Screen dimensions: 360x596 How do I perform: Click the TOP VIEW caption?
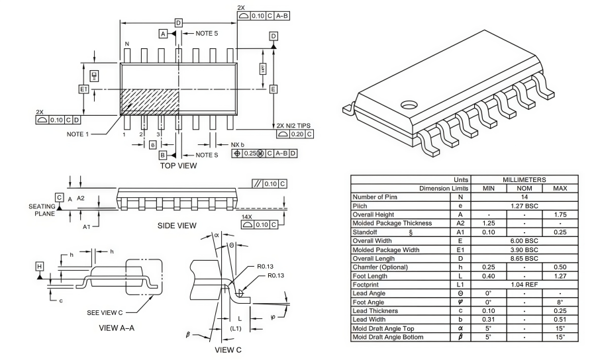click(x=178, y=165)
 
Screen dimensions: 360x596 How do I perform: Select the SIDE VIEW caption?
click(x=177, y=226)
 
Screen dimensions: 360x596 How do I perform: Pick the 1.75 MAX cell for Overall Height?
click(x=560, y=214)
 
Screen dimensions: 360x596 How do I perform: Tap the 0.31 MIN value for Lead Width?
click(x=488, y=318)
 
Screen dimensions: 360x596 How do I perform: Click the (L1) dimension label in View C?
click(x=236, y=328)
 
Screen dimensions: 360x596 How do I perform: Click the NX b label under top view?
click(x=237, y=144)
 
